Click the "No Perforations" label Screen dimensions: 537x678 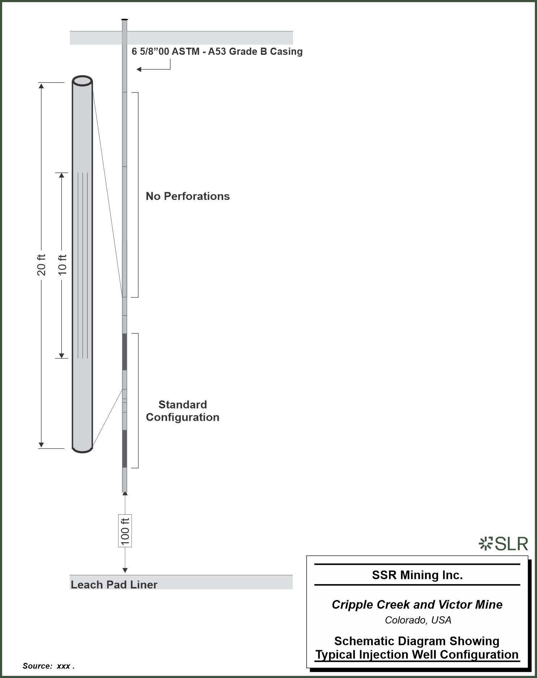click(x=188, y=196)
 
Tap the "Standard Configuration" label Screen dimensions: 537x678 click(x=183, y=411)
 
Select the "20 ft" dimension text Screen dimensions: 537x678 click(x=42, y=265)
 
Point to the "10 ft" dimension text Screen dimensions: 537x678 click(x=63, y=265)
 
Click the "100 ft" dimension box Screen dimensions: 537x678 click(x=125, y=531)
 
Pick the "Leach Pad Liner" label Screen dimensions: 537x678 click(x=114, y=585)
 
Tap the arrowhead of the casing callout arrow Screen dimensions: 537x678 click(x=138, y=69)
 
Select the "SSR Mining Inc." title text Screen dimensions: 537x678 click(x=417, y=575)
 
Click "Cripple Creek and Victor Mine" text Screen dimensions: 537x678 click(x=417, y=605)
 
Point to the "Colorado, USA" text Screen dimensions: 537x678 click(x=418, y=620)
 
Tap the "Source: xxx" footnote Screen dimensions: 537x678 click(x=48, y=666)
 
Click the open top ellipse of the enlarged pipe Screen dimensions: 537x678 click(x=82, y=81)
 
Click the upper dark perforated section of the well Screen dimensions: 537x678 click(x=124, y=352)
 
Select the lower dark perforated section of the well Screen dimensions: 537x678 click(x=124, y=449)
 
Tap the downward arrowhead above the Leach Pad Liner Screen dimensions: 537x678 click(x=125, y=570)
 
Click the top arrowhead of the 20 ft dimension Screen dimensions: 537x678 click(x=41, y=86)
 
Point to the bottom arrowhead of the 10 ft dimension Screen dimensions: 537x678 click(x=61, y=356)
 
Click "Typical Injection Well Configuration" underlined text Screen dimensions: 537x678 click(x=417, y=655)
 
